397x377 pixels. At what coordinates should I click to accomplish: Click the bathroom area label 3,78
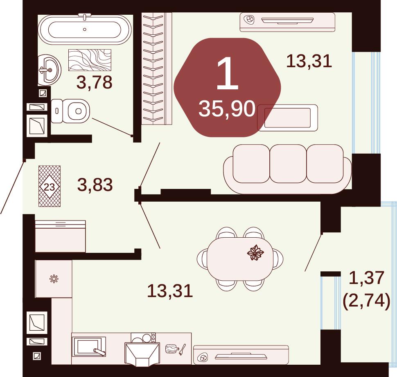tap(95, 82)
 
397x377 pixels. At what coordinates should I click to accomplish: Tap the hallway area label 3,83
tap(95, 184)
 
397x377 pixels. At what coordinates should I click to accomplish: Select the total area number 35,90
tap(227, 109)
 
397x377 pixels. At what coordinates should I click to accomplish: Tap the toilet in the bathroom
tap(70, 111)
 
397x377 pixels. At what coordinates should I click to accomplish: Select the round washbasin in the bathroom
tap(50, 70)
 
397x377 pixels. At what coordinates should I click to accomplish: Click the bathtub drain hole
tap(85, 30)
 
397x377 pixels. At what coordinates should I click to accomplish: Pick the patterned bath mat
tap(90, 60)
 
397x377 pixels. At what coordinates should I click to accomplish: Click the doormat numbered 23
tap(50, 186)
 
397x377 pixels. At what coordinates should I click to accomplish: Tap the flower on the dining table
tap(255, 252)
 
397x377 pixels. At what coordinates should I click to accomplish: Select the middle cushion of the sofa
tap(288, 164)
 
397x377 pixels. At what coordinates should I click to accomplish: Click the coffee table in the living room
tap(287, 118)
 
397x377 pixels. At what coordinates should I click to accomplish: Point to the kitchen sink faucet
tap(99, 352)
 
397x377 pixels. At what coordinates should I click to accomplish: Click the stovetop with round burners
tap(143, 338)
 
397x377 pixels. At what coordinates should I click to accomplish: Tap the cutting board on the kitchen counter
tap(171, 349)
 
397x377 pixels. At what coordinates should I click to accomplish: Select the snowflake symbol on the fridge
tap(54, 279)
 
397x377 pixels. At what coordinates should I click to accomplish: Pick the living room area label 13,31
tap(309, 61)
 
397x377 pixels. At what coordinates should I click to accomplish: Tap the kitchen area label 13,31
tap(170, 291)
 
